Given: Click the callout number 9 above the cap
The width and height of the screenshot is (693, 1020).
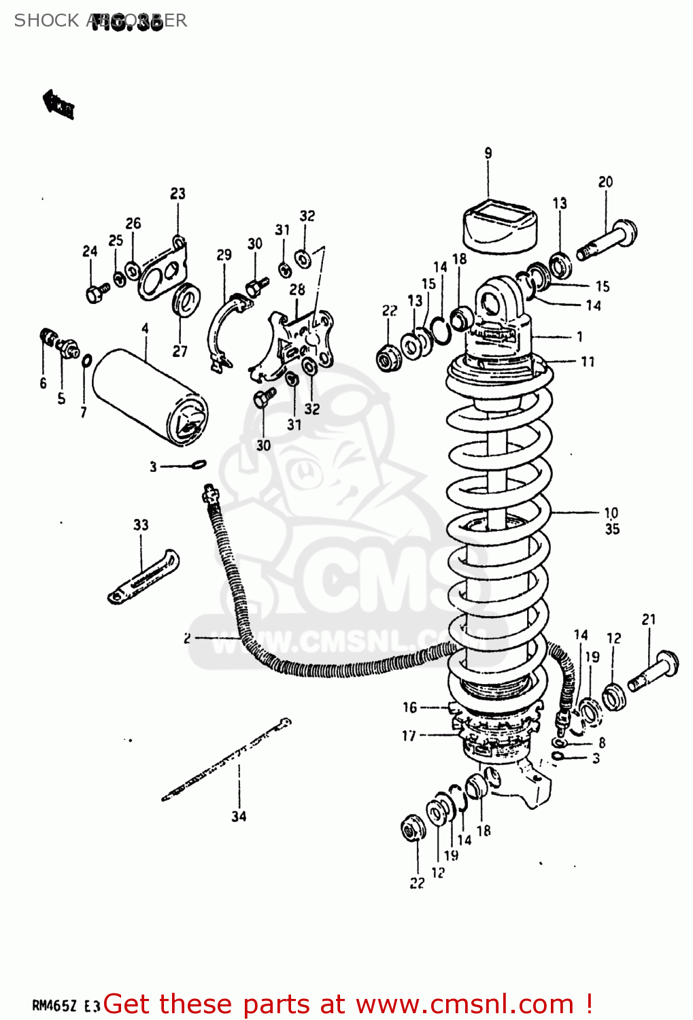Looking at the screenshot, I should point(488,154).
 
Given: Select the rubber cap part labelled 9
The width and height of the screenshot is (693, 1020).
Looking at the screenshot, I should point(500,224).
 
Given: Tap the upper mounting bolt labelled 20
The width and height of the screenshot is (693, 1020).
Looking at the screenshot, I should point(608,240).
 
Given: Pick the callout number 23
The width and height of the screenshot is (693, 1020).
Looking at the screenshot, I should point(178,194).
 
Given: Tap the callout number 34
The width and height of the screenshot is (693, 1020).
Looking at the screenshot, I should point(239,816).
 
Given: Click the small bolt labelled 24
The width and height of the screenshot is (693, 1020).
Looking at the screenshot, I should point(96,292).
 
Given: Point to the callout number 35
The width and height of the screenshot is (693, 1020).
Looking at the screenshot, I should point(612,529).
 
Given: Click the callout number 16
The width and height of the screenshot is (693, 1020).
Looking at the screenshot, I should point(409,707).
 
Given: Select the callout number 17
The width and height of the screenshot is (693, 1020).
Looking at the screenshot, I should point(409,735).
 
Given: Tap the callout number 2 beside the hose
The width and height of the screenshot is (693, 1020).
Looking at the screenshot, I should point(187,638).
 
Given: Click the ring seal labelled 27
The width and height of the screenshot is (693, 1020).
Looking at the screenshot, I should point(185,300).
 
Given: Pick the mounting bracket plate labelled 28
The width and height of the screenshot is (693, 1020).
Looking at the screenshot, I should point(299,340).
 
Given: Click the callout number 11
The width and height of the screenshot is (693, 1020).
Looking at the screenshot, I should point(588,362).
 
